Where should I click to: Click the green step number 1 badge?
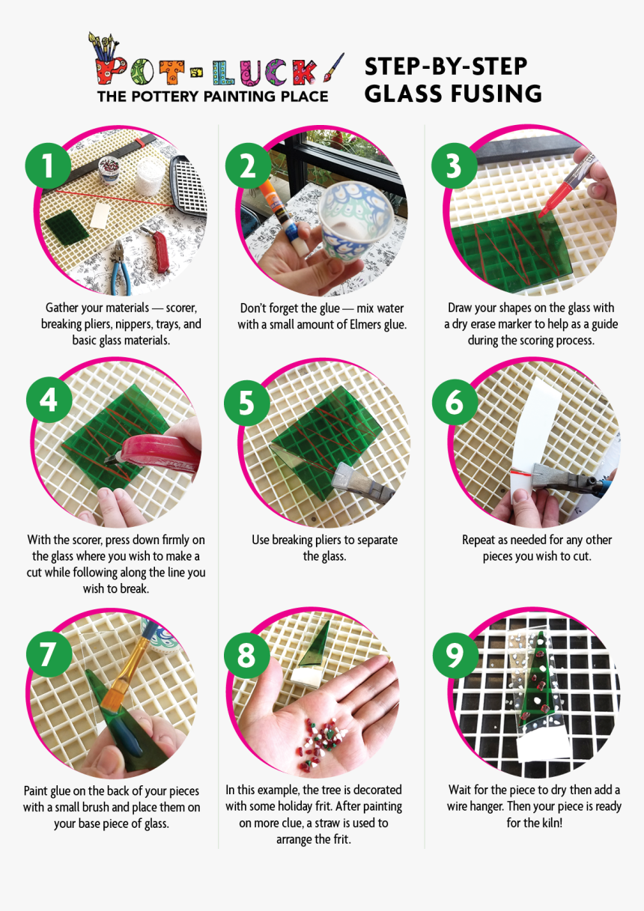coord(48,166)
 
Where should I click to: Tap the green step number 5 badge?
coord(247,403)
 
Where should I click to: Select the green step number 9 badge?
coord(455,655)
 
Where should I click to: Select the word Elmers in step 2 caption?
coord(358,325)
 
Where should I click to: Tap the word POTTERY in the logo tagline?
coord(165,97)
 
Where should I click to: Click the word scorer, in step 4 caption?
coord(88,540)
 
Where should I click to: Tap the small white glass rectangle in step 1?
coord(100,216)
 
